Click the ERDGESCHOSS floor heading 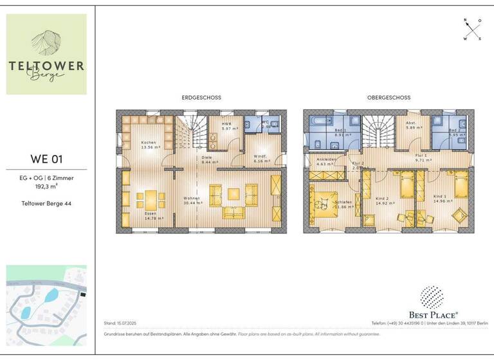201,98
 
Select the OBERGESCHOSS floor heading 389,98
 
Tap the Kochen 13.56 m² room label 149,145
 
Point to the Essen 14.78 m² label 154,216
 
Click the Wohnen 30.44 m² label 193,200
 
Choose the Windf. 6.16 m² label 260,159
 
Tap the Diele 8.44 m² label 206,160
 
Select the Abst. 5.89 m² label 412,125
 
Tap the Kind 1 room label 440,199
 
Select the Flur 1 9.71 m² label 421,157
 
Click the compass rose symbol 472,30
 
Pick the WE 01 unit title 46,159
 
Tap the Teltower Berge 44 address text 46,203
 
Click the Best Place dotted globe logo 431,297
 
